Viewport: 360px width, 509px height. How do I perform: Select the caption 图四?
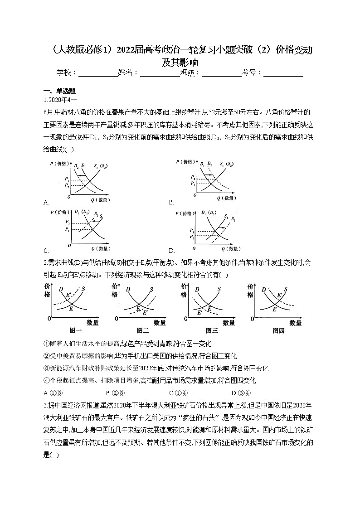tap(279, 331)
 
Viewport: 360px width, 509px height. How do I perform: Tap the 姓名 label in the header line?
tap(126, 73)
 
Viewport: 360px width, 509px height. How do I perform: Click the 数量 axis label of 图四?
tap(295, 323)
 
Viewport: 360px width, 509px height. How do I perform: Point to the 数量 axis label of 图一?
tap(92, 323)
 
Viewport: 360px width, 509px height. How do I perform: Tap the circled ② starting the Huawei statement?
tap(46, 356)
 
